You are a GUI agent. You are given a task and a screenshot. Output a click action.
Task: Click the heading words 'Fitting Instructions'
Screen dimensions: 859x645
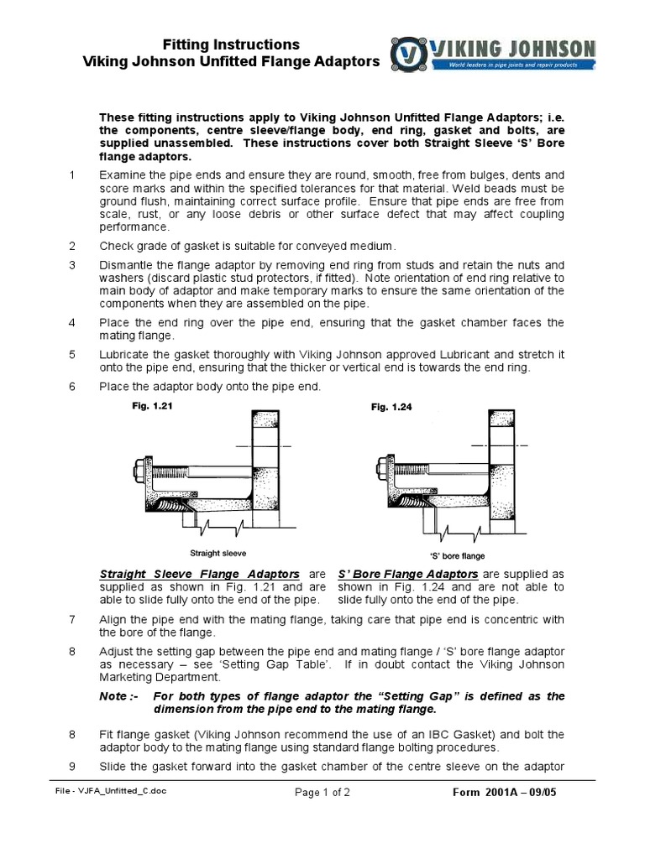pyautogui.click(x=242, y=44)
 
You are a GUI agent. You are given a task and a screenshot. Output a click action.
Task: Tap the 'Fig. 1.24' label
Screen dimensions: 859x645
pyautogui.click(x=391, y=407)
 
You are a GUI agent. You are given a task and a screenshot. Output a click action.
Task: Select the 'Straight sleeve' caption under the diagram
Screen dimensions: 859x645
pyautogui.click(x=218, y=553)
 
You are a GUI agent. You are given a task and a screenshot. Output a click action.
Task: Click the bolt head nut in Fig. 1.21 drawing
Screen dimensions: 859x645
pyautogui.click(x=139, y=464)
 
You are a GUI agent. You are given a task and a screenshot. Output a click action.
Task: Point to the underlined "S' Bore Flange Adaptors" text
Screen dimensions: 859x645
pyautogui.click(x=407, y=574)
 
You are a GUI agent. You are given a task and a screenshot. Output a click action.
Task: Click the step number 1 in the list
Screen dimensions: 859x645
pyautogui.click(x=72, y=174)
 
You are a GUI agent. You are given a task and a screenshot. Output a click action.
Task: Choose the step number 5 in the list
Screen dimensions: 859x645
pyautogui.click(x=72, y=354)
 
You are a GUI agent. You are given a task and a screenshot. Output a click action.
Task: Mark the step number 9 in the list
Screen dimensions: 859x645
pyautogui.click(x=72, y=766)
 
